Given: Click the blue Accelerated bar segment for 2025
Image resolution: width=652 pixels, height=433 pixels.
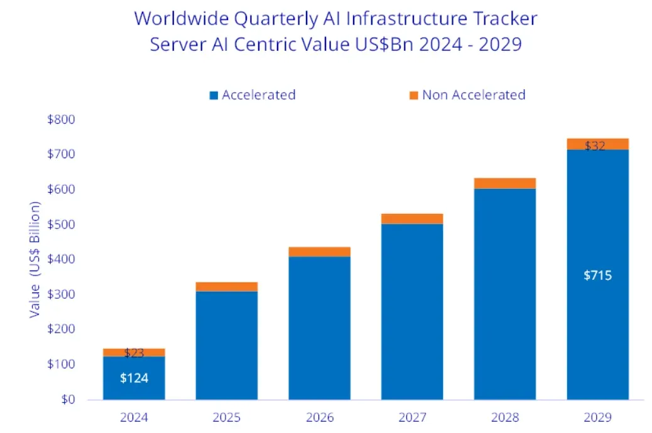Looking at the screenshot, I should click(x=227, y=345).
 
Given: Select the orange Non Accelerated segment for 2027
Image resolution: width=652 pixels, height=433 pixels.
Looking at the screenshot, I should click(x=412, y=218).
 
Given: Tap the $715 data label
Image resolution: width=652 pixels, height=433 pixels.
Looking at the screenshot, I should click(x=597, y=275).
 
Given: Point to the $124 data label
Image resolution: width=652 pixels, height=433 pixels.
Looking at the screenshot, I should click(x=134, y=378).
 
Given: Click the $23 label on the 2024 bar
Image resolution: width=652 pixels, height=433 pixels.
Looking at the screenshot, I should click(x=134, y=353).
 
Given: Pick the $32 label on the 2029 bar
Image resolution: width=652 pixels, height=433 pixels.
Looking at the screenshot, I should click(x=595, y=146).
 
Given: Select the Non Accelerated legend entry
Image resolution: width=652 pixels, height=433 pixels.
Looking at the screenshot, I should click(x=473, y=95).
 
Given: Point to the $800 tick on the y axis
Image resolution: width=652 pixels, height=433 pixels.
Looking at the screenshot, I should click(x=62, y=119).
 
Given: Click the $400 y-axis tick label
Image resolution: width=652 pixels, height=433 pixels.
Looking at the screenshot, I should click(x=62, y=259).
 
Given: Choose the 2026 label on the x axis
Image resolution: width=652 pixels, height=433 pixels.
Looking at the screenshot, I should click(x=319, y=417).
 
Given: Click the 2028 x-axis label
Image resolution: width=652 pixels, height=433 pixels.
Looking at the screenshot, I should click(x=504, y=417).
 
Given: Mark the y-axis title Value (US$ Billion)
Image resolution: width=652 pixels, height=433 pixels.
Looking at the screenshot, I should click(x=35, y=260).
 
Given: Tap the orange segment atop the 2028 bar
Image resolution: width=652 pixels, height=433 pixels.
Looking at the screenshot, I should click(x=505, y=183).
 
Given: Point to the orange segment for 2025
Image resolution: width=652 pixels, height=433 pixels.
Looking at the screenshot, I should click(x=227, y=287).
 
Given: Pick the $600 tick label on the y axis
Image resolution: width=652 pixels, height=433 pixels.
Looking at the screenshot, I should click(x=62, y=189).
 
